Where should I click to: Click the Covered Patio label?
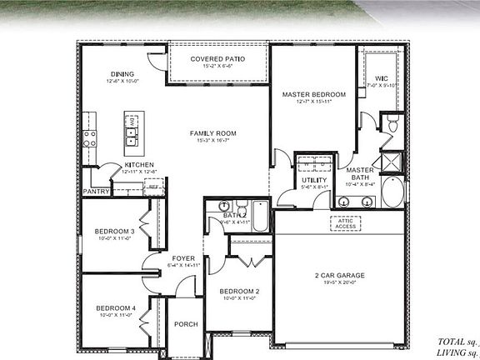click(217, 59)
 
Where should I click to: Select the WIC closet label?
click(381, 78)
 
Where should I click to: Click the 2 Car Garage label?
click(340, 276)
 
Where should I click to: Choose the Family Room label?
click(213, 133)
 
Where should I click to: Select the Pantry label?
click(97, 192)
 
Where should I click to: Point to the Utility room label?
click(313, 179)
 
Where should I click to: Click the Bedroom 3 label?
click(114, 231)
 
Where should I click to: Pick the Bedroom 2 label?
click(240, 291)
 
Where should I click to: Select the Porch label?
click(184, 326)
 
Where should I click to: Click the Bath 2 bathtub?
click(260, 216)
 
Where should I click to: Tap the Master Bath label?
click(359, 173)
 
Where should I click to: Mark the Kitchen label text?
click(138, 165)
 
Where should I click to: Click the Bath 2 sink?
click(222, 205)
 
